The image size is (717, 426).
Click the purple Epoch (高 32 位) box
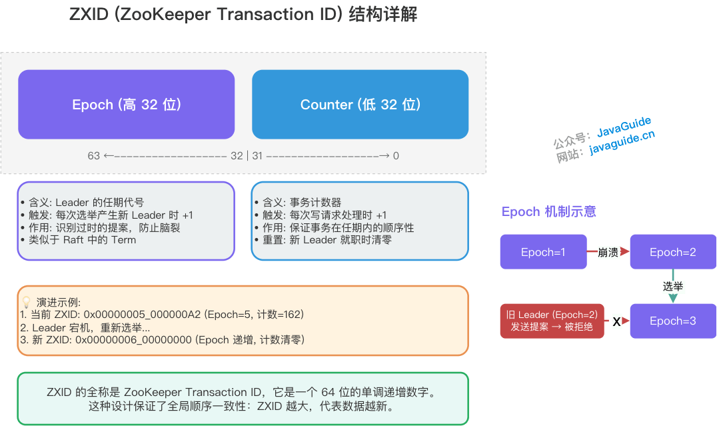[x=127, y=105]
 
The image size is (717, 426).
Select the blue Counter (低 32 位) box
[x=360, y=105]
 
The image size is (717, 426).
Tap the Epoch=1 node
[x=543, y=252]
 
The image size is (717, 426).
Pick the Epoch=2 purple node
[x=673, y=252]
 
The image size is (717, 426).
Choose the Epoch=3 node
[x=673, y=321]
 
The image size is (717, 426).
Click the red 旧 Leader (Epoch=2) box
[x=552, y=321]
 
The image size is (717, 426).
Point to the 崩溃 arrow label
[x=608, y=252]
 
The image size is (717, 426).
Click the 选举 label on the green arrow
[x=673, y=287]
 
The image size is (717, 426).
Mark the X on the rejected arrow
[x=616, y=322]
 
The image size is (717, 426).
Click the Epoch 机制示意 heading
[x=548, y=212]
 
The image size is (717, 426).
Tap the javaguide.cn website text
[x=622, y=142]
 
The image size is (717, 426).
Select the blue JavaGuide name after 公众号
[x=624, y=126]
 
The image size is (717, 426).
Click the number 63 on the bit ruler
[x=93, y=156]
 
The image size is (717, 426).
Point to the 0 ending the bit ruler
[x=396, y=156]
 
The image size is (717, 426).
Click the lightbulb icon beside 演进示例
[x=27, y=302]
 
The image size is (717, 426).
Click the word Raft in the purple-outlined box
[x=74, y=240]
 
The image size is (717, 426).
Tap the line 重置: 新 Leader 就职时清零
[x=327, y=240]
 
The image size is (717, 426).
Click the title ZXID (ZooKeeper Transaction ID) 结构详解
[x=243, y=15]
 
